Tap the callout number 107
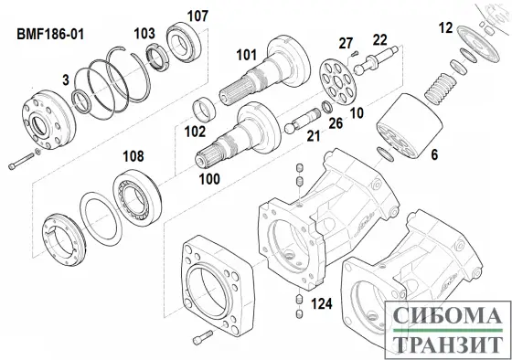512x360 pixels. (198, 16)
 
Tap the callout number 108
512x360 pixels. (133, 156)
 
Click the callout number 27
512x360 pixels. (345, 44)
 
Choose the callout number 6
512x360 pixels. (434, 156)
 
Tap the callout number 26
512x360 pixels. (336, 123)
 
